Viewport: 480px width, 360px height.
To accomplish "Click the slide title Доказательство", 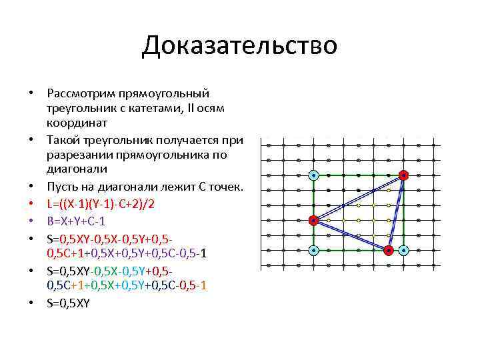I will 239,46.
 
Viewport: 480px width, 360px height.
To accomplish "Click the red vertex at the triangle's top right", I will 403,175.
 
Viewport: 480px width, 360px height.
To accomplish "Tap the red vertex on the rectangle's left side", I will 313,221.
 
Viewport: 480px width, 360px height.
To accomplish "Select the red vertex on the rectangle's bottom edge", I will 389,251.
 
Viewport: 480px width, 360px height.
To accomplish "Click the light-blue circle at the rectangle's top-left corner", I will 313,175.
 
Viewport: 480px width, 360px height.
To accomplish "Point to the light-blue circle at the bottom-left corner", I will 313,251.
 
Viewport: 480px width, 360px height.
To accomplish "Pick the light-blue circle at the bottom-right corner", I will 404,251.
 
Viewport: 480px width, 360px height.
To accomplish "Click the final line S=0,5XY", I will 68,302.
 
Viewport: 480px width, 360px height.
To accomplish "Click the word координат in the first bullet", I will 73,123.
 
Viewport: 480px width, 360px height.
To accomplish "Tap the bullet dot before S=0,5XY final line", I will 31,303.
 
